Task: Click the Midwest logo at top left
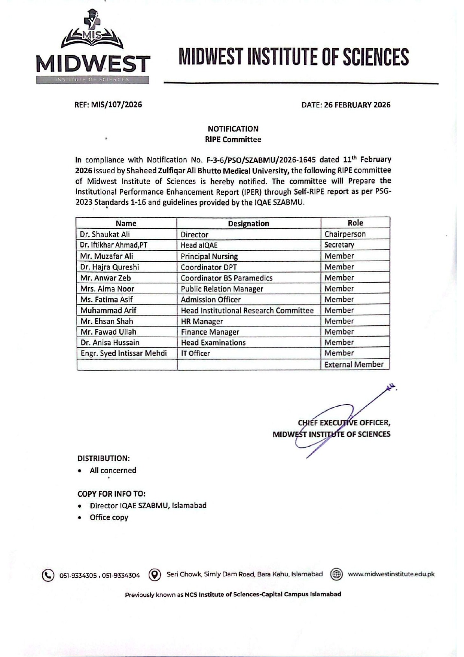93,47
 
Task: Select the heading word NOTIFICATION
233,129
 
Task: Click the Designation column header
248,223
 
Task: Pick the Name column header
126,223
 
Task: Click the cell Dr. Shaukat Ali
105,234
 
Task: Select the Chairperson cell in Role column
345,234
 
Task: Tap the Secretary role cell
339,245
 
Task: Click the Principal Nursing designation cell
209,256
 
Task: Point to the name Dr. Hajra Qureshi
110,267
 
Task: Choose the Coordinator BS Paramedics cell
226,278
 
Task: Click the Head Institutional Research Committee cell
247,310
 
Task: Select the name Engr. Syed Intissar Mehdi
123,353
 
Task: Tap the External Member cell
354,364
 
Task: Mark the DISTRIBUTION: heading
104,458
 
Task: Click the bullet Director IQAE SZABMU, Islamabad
148,505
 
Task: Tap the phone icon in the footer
48,575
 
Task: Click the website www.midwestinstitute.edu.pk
391,574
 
